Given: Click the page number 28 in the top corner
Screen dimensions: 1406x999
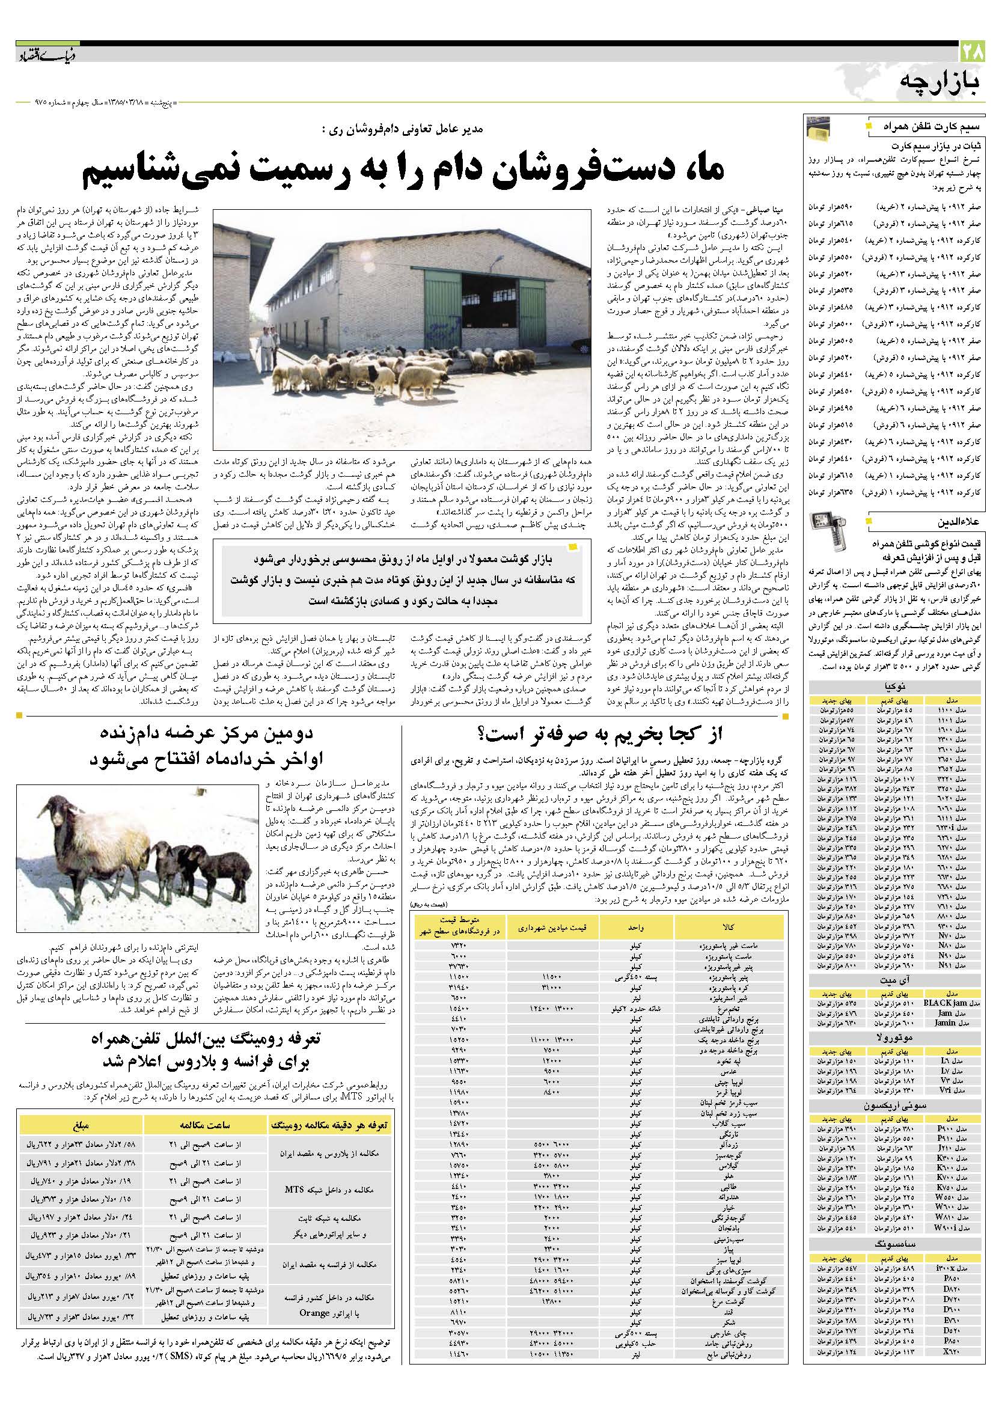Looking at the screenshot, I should (x=977, y=49).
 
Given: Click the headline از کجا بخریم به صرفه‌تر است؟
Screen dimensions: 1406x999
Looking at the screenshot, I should (x=600, y=734).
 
